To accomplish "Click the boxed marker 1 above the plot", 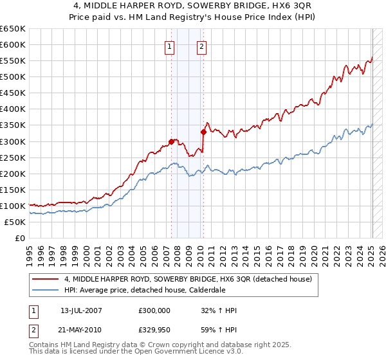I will [169, 46].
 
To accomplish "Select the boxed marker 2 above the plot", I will [202, 46].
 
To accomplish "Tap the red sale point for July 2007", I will [171, 141].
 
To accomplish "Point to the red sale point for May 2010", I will [203, 132].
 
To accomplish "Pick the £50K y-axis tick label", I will [15, 222].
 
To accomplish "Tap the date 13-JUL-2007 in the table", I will [81, 310].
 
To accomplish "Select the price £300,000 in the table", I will [154, 310].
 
